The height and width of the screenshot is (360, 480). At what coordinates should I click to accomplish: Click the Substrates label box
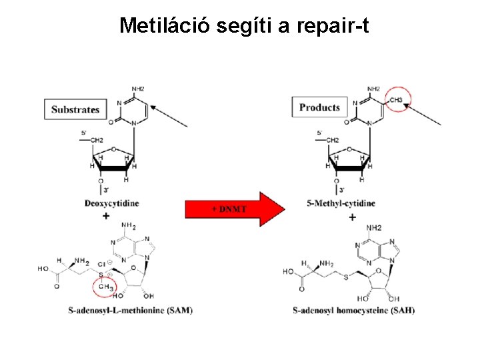pos(75,109)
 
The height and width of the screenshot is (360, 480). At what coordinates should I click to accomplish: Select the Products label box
pos(320,107)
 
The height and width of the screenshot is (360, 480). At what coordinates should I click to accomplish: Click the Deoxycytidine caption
pos(112,203)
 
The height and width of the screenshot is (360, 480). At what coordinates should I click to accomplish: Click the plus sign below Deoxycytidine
pos(106,216)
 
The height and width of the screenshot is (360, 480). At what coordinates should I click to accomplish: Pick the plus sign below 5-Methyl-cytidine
pos(351,217)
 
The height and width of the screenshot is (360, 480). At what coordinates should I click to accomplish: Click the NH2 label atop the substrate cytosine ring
pos(139,88)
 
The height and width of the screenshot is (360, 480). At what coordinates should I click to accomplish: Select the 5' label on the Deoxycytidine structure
pos(84,133)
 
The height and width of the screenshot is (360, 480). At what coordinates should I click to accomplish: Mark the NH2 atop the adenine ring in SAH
pos(373,228)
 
